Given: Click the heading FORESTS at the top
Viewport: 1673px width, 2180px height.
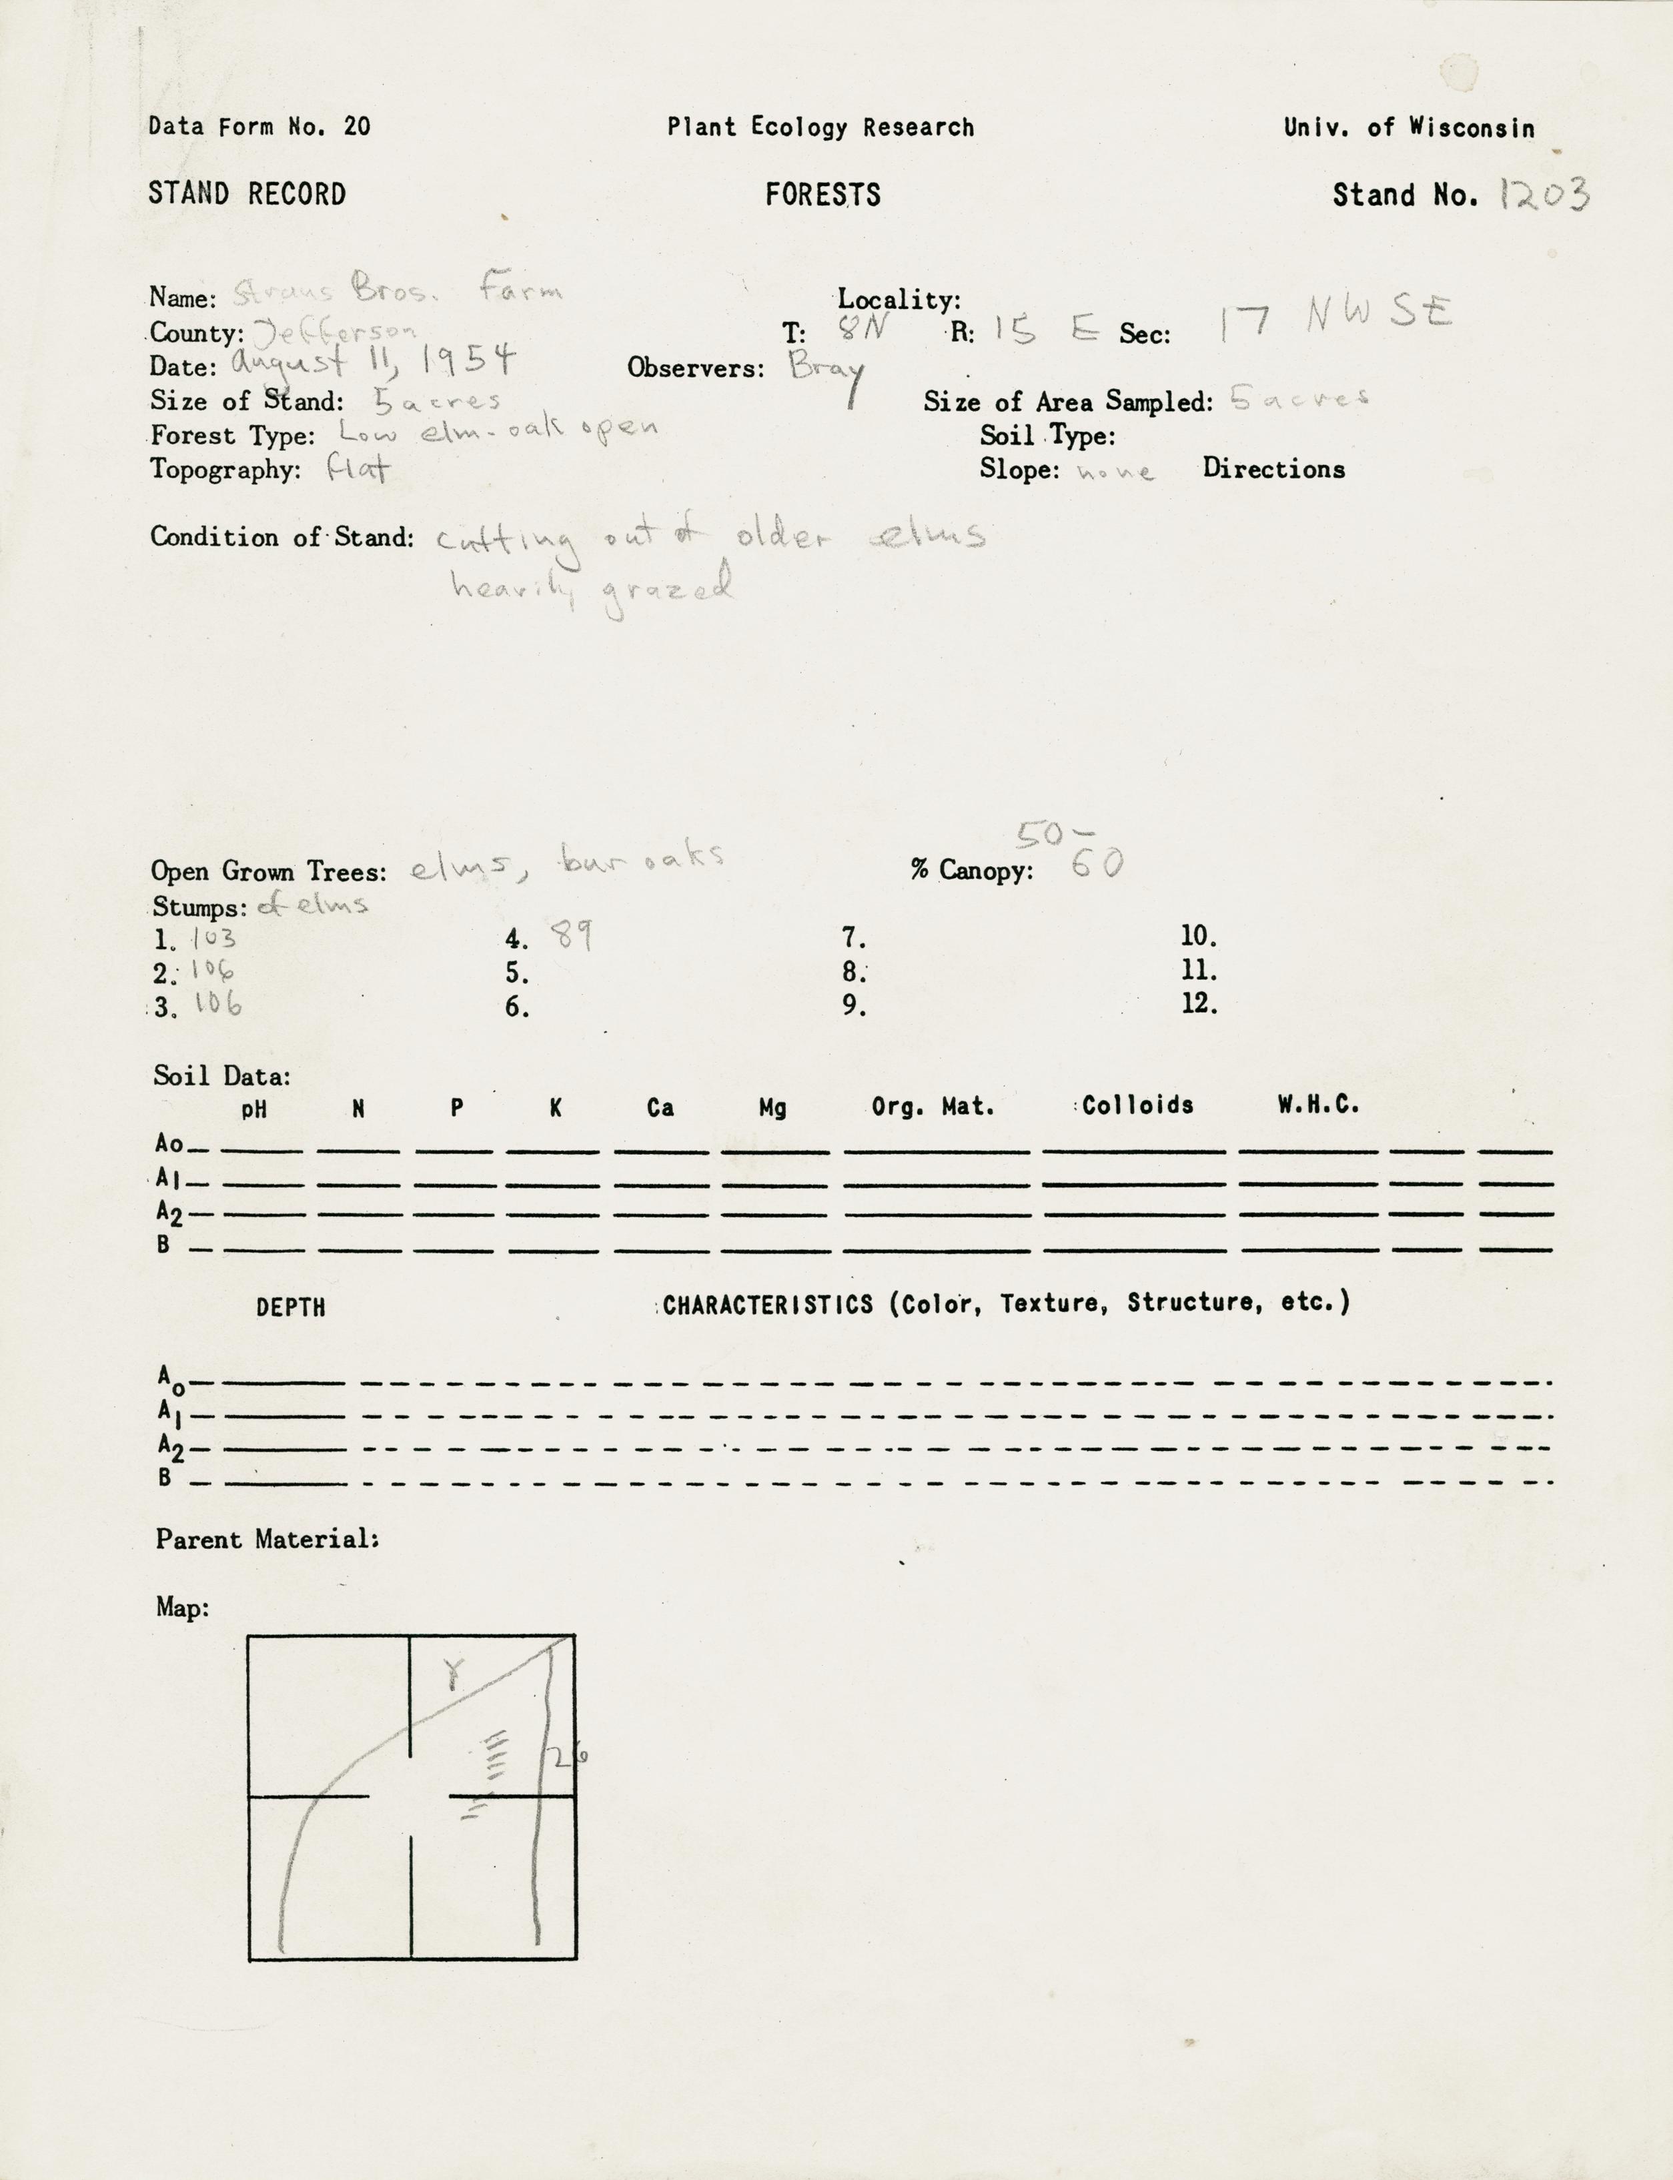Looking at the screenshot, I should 822,194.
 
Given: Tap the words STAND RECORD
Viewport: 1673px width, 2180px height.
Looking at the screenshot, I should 247,193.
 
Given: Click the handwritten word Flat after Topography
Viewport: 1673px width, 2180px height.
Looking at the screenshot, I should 358,469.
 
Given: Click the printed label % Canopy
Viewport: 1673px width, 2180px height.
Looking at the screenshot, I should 971,871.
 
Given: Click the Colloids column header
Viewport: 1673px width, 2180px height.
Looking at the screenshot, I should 1137,1105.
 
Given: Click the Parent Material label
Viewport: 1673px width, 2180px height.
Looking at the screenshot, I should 267,1539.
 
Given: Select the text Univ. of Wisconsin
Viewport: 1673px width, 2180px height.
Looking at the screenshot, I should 1408,127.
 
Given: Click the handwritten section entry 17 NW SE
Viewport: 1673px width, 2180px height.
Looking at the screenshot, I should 1334,318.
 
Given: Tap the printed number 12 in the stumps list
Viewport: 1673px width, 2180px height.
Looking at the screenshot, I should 1199,1003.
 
